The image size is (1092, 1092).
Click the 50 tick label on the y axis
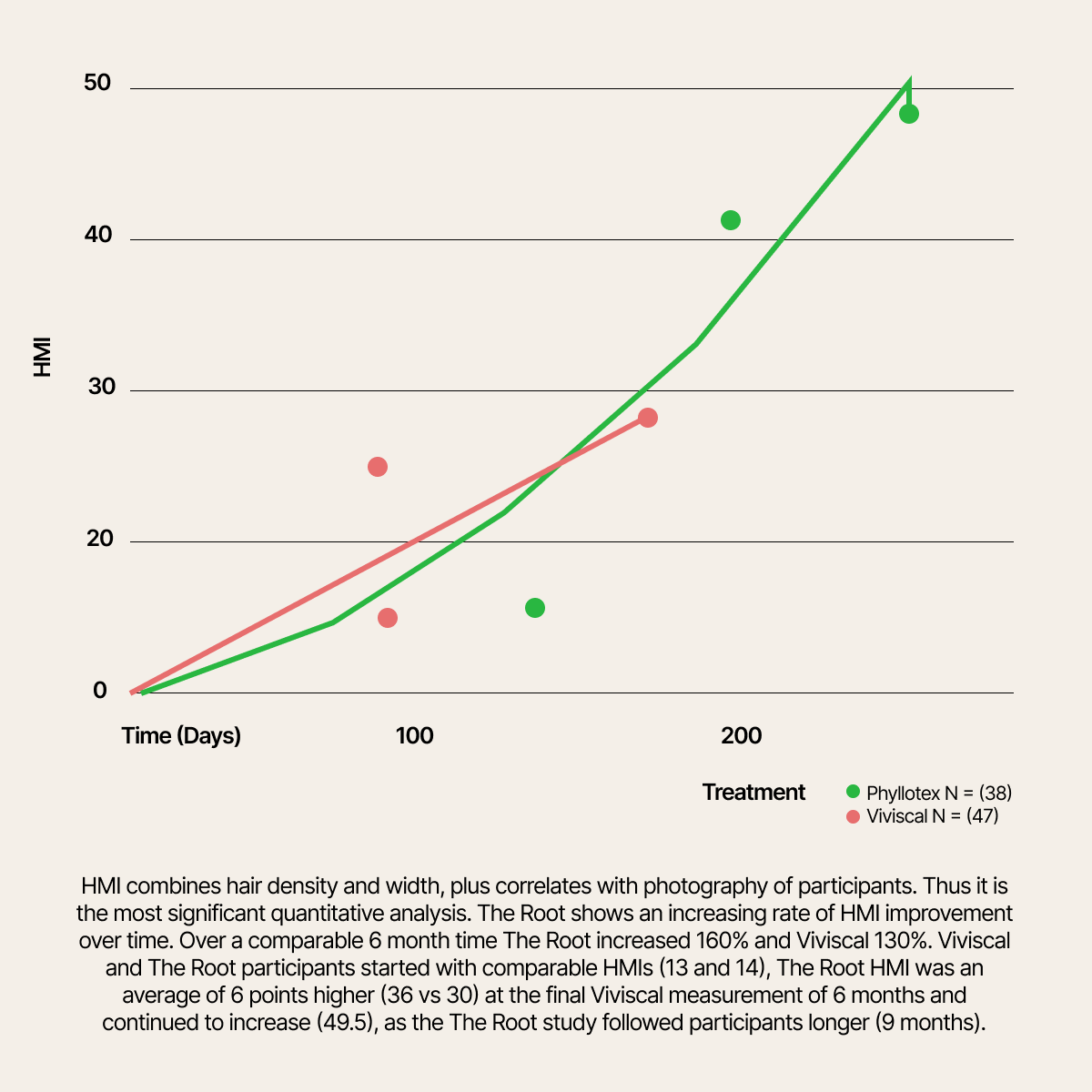pyautogui.click(x=97, y=84)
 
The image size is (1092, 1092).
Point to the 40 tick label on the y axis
pyautogui.click(x=97, y=236)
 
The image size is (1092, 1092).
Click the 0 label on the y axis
pyautogui.click(x=100, y=691)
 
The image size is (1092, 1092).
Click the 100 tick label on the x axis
pyautogui.click(x=414, y=735)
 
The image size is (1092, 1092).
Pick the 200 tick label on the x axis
pyautogui.click(x=741, y=735)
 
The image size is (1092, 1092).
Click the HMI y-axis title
pyautogui.click(x=42, y=358)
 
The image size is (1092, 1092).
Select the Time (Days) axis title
pyautogui.click(x=181, y=735)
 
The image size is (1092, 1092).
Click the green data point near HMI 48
pyautogui.click(x=908, y=114)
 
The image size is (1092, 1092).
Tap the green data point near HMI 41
pyautogui.click(x=730, y=220)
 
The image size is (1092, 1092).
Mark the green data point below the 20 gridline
pyautogui.click(x=535, y=608)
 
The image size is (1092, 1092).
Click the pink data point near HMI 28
pyautogui.click(x=648, y=418)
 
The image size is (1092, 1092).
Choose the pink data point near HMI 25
pyautogui.click(x=378, y=467)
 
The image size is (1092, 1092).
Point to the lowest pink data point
pyautogui.click(x=388, y=618)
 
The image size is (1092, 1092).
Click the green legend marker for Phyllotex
pyautogui.click(x=853, y=792)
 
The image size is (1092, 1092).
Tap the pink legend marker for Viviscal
pyautogui.click(x=853, y=816)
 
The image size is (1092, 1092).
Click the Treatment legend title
pyautogui.click(x=753, y=792)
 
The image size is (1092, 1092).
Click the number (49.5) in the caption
pyautogui.click(x=345, y=1022)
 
